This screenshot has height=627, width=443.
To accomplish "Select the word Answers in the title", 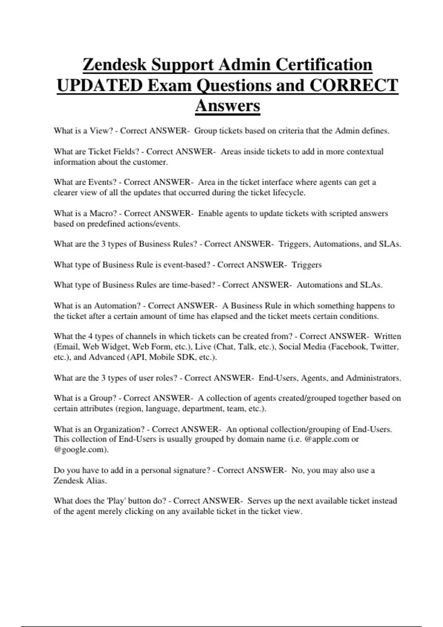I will [227, 106].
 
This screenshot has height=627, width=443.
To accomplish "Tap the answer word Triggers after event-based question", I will [306, 265].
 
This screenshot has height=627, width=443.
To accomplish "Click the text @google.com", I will [81, 450].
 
